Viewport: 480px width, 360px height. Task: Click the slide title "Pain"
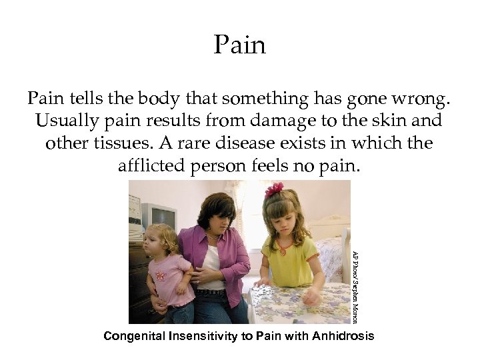pyautogui.click(x=240, y=45)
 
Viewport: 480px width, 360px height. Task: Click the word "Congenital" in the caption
pyautogui.click(x=135, y=336)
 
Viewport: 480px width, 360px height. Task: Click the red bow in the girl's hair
pyautogui.click(x=274, y=191)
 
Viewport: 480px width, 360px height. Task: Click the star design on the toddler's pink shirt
pyautogui.click(x=161, y=275)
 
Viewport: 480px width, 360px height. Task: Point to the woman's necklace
pyautogui.click(x=213, y=235)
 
